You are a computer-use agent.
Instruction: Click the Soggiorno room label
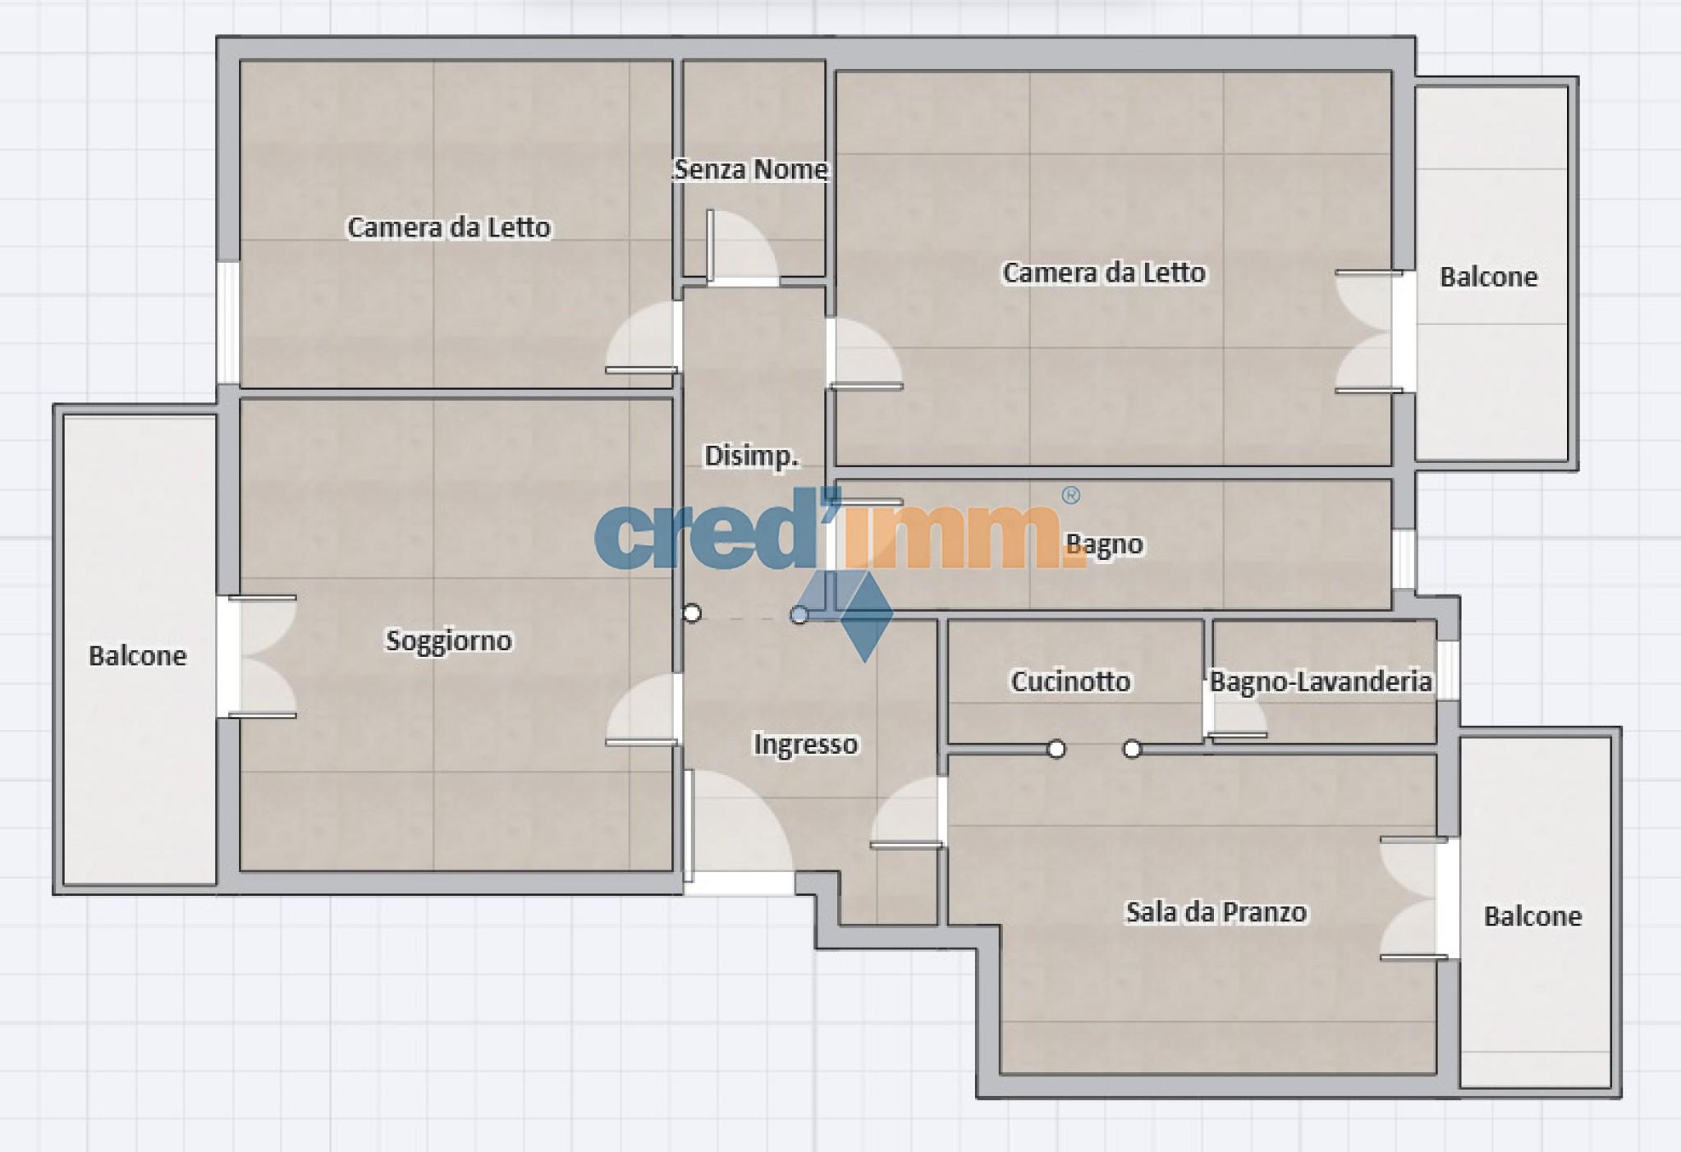(x=449, y=640)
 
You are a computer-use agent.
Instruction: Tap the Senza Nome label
(x=750, y=169)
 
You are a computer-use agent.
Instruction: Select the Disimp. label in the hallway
(x=752, y=456)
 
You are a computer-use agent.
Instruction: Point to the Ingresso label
(x=806, y=744)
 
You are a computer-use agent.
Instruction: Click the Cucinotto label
(x=1070, y=681)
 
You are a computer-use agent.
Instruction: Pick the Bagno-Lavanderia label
(x=1321, y=681)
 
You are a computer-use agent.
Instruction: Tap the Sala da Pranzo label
(x=1216, y=911)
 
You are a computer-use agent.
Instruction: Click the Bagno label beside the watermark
(x=1104, y=544)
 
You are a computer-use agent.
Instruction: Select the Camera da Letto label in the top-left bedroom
(x=449, y=227)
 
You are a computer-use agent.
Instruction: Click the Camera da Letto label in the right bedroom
(x=1104, y=272)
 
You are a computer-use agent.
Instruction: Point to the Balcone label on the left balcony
(x=137, y=655)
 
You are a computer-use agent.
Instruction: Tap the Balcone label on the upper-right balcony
(x=1488, y=277)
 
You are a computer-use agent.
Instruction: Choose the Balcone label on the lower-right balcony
(x=1532, y=916)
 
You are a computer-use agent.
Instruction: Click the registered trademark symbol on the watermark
(x=1070, y=495)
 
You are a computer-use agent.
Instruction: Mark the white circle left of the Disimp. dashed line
(x=692, y=613)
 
